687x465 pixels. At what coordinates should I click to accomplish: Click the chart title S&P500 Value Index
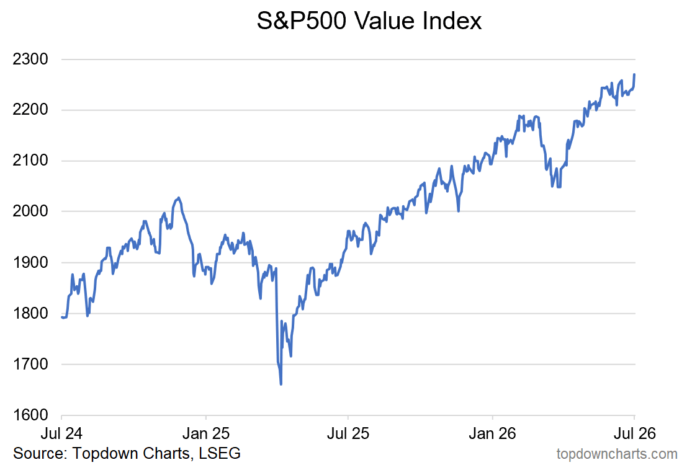[369, 20]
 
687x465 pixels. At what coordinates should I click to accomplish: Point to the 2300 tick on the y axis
[30, 59]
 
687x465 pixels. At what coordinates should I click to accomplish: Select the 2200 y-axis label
[30, 110]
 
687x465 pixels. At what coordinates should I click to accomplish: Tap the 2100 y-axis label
[30, 160]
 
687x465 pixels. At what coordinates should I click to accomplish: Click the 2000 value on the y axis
[30, 211]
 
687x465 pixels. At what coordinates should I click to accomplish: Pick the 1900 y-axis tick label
[30, 262]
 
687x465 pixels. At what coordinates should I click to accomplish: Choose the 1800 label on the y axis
[30, 313]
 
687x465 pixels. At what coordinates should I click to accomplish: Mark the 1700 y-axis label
[30, 364]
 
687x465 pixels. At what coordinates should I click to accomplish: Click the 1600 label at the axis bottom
[30, 415]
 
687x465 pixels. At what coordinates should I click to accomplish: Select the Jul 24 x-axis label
[61, 433]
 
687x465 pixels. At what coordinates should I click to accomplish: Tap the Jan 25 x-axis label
[206, 433]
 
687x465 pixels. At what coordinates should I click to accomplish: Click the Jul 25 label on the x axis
[348, 433]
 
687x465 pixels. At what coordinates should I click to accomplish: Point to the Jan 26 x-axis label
[493, 433]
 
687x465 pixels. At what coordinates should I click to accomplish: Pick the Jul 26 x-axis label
[635, 433]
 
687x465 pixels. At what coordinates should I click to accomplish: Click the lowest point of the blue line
[281, 384]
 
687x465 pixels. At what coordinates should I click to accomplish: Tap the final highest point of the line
[634, 75]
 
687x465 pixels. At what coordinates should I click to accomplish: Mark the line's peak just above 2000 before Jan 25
[178, 198]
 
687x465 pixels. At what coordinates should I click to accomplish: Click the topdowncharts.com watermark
[617, 454]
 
